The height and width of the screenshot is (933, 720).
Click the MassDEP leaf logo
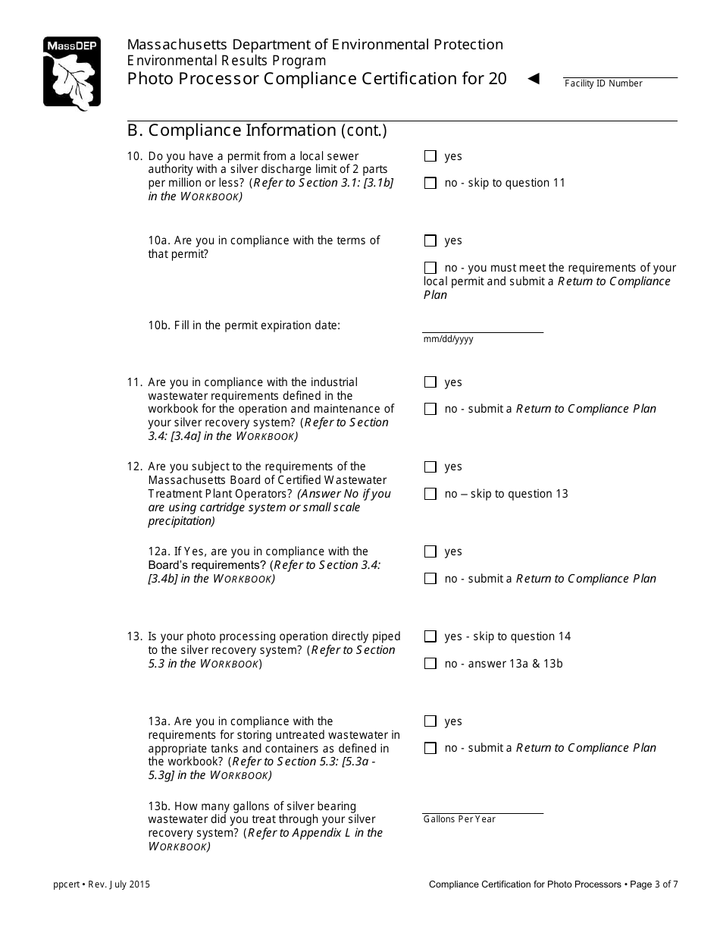(71, 73)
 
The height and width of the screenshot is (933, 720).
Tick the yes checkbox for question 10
(430, 156)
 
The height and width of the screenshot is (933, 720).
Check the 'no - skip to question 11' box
(430, 183)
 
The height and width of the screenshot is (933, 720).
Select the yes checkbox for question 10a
(430, 240)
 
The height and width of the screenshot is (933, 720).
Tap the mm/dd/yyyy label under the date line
(448, 339)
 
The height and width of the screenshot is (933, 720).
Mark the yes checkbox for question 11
(430, 382)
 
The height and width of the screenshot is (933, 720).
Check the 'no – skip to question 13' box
(430, 494)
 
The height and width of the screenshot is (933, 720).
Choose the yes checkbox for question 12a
(430, 551)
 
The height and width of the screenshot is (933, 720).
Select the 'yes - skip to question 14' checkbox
(430, 636)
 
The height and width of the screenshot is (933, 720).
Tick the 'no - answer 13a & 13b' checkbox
(430, 664)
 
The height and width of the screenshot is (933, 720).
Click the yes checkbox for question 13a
(430, 721)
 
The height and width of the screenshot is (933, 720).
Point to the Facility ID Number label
(603, 83)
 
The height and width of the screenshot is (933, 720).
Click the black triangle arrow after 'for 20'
(534, 78)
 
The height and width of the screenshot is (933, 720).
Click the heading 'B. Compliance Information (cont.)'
(257, 130)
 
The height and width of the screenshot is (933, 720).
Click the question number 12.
(135, 466)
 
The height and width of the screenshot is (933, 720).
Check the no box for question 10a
(430, 268)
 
